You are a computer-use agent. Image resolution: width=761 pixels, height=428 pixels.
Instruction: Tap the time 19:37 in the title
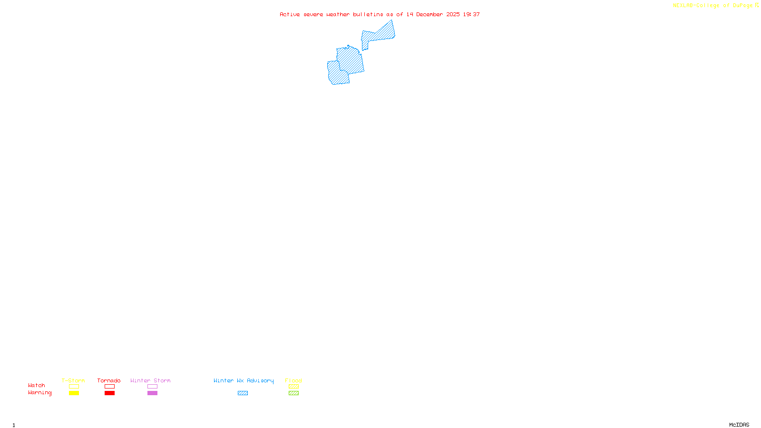[471, 15]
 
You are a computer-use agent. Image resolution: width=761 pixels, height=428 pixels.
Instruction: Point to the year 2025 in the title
[453, 15]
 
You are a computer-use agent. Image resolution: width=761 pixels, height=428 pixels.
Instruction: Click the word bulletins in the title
[368, 15]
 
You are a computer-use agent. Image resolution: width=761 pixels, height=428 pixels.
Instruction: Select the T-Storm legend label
[73, 380]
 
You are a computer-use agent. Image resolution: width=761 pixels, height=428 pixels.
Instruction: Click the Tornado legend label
[109, 380]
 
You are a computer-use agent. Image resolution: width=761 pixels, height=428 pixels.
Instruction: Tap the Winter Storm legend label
[150, 380]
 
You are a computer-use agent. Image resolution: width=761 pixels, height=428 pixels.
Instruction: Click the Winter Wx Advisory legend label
[244, 380]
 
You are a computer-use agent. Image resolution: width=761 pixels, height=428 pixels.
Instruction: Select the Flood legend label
[293, 380]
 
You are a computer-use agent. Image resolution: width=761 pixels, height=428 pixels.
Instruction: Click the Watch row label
[37, 386]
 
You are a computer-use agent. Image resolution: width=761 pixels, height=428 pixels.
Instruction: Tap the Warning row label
[40, 393]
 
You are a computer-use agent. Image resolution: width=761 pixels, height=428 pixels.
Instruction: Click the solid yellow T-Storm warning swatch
[74, 393]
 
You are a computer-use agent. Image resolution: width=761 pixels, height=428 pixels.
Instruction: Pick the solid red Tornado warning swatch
[109, 393]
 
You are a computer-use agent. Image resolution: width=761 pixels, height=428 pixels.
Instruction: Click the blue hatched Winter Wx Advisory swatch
[243, 393]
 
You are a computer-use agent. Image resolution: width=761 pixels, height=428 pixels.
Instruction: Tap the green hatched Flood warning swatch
[293, 393]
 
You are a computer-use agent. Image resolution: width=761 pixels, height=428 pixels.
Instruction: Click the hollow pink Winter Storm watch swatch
[152, 387]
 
